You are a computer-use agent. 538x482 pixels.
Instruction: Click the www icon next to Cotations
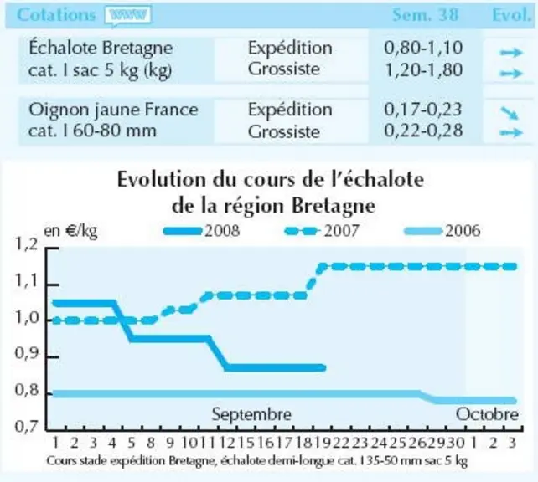tap(128, 16)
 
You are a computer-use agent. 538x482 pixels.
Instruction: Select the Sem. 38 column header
tap(425, 15)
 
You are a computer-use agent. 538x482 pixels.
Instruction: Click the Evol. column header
tap(511, 15)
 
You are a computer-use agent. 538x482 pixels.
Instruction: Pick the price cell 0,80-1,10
tap(423, 48)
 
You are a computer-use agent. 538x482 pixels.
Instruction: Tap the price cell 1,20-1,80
tap(423, 69)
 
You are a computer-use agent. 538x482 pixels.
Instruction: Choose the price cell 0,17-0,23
tap(423, 110)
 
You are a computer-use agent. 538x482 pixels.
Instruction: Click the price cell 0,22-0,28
tap(423, 131)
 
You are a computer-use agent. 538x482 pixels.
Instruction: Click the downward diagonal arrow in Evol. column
tap(510, 113)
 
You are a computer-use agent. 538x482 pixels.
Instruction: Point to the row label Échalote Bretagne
tap(101, 48)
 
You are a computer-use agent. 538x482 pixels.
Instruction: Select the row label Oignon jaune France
tap(113, 110)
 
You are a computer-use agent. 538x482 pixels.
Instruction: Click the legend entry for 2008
tap(201, 231)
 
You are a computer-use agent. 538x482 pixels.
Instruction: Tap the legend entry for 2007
tap(322, 231)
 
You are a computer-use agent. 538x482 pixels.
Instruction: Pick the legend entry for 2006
tap(442, 231)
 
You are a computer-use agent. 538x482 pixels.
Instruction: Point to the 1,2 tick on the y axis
tap(26, 244)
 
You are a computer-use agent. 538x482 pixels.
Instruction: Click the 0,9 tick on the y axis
tap(26, 353)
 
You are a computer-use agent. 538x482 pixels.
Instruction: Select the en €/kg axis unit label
tap(70, 231)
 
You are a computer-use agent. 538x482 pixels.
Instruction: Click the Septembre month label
tap(251, 414)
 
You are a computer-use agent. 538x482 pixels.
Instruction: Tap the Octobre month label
tap(487, 414)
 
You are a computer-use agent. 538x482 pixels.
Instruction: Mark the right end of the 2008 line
tap(324, 368)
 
